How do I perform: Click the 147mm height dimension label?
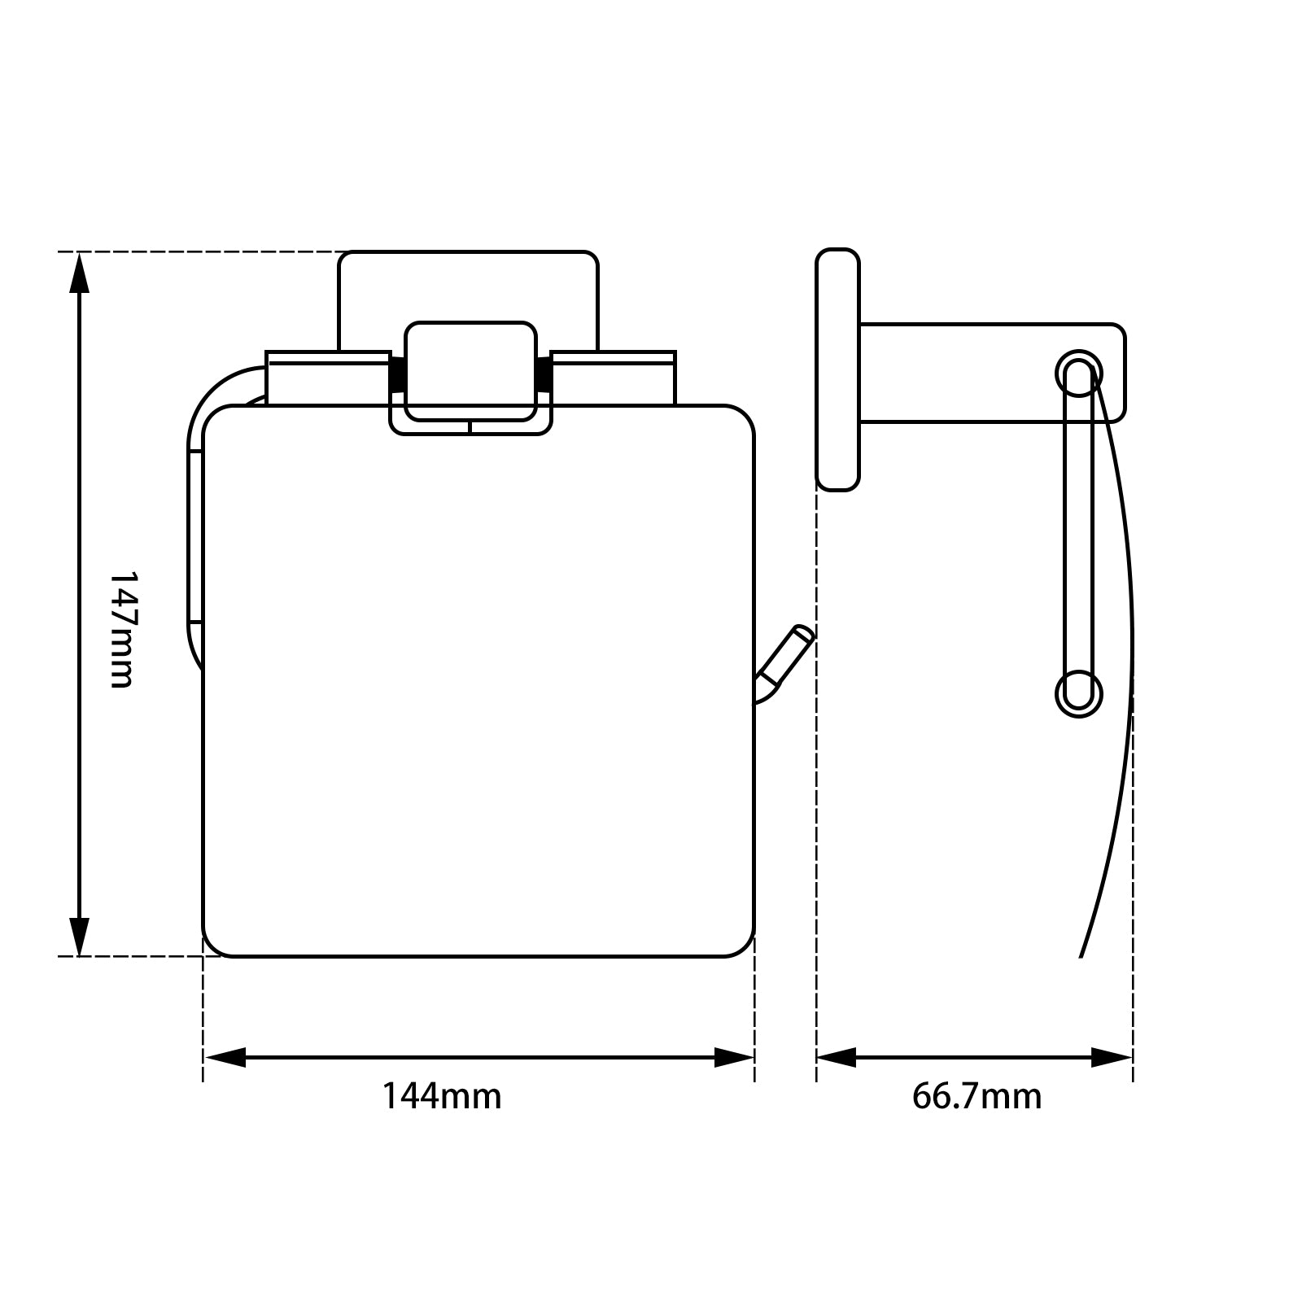pyautogui.click(x=120, y=628)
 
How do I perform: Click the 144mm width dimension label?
pyautogui.click(x=442, y=1097)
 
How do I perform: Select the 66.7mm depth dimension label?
pyautogui.click(x=976, y=1097)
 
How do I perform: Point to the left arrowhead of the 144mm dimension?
pyautogui.click(x=224, y=1058)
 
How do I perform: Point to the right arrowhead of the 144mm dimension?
pyautogui.click(x=734, y=1058)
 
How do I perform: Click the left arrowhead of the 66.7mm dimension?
pyautogui.click(x=837, y=1058)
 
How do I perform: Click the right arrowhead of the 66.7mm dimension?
pyautogui.click(x=1112, y=1058)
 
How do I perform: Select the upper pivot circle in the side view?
pyautogui.click(x=1080, y=374)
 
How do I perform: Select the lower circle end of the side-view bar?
pyautogui.click(x=1080, y=694)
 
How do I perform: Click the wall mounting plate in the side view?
pyautogui.click(x=837, y=370)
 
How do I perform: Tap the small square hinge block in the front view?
pyautogui.click(x=470, y=370)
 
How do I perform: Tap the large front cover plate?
pyautogui.click(x=478, y=692)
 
